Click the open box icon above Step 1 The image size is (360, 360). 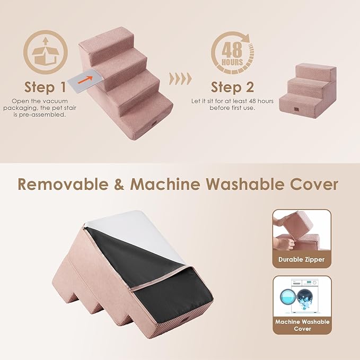[x=46, y=54]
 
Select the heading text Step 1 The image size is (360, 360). [x=46, y=87]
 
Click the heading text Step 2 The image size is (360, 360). [x=232, y=87]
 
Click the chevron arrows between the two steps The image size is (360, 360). [x=179, y=80]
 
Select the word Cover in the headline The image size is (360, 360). [x=313, y=184]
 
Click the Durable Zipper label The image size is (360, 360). [x=302, y=260]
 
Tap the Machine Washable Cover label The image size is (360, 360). [x=302, y=325]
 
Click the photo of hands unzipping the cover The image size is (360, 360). [x=302, y=231]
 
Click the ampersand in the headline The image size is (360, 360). [x=120, y=184]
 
